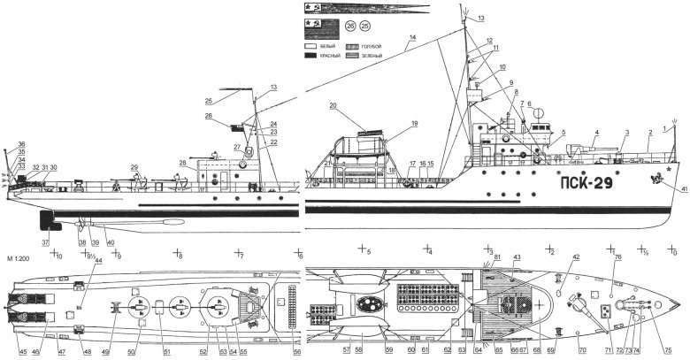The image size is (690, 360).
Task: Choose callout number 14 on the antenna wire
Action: [x=412, y=39]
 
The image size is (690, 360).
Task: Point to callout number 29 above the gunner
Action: [x=134, y=166]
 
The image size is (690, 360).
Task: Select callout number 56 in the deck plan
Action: [x=297, y=352]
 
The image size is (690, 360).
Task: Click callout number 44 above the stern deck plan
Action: [x=98, y=261]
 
